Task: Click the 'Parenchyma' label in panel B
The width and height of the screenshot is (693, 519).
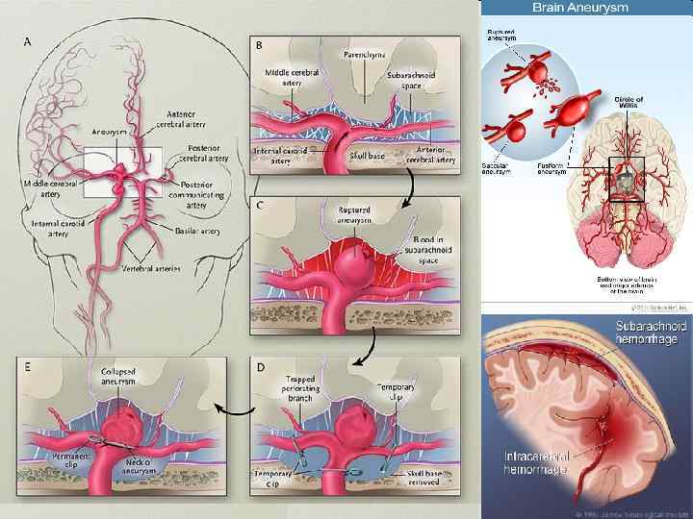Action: click(x=364, y=55)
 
